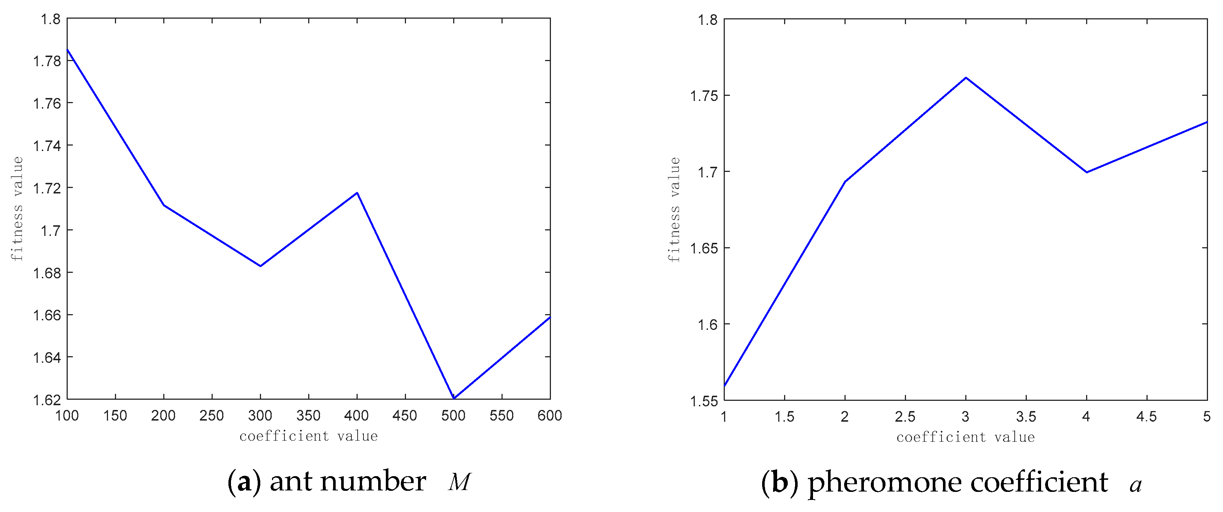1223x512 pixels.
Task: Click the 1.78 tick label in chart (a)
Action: [46, 61]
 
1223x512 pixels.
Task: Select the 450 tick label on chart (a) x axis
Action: [405, 416]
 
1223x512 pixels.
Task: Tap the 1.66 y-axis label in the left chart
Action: [46, 316]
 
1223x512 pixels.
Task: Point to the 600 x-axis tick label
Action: [550, 416]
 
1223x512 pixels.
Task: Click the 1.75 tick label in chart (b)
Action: [704, 96]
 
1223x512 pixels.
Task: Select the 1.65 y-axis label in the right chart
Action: [704, 249]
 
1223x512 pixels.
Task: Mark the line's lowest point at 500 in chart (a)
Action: [454, 398]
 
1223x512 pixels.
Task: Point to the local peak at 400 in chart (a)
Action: [357, 193]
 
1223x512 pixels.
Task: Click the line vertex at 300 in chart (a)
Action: [261, 266]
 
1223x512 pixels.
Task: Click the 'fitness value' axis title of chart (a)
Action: [17, 209]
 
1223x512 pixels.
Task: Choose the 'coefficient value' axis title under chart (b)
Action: [965, 437]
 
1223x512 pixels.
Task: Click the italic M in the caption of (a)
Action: [459, 482]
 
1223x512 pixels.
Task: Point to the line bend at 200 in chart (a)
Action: [164, 205]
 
